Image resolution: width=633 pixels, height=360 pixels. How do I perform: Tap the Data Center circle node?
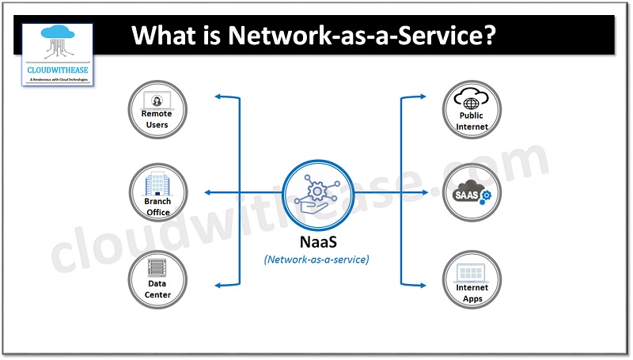click(157, 279)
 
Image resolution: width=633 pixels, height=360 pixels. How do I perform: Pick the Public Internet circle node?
click(472, 111)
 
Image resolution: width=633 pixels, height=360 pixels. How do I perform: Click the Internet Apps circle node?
click(472, 279)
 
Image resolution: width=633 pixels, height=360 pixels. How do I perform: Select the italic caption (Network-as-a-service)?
click(316, 258)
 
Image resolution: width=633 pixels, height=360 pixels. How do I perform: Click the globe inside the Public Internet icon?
click(472, 103)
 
